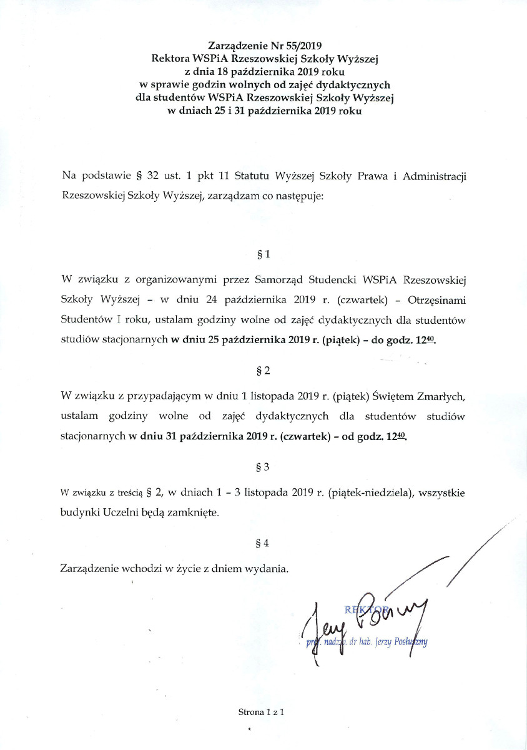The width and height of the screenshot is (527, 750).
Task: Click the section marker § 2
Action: point(263,371)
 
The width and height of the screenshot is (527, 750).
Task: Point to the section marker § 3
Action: point(263,467)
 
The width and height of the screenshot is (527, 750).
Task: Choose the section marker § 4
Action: point(263,543)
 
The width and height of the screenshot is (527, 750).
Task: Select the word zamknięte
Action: point(194,512)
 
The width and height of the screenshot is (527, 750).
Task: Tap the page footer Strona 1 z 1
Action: point(261,712)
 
